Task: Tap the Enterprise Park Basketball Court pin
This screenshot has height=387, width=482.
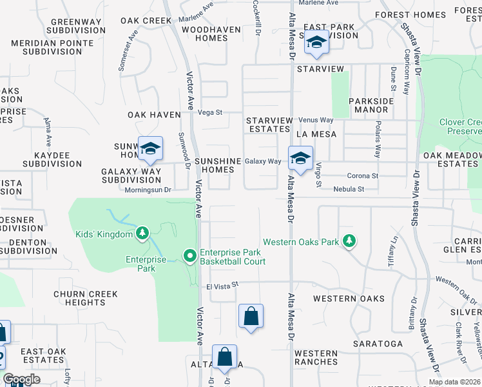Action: tap(190, 257)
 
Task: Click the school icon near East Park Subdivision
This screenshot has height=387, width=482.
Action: tap(316, 43)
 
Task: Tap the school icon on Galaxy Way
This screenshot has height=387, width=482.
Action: tap(300, 157)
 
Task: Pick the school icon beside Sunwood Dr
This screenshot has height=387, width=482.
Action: tap(150, 150)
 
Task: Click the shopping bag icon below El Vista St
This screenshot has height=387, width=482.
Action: tap(251, 317)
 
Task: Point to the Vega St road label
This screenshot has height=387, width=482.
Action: tap(210, 112)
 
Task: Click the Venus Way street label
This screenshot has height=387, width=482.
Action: tap(316, 120)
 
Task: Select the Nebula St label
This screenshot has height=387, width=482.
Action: tap(349, 189)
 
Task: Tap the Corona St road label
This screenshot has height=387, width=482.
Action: tap(361, 175)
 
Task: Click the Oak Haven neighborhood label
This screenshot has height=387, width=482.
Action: tap(154, 115)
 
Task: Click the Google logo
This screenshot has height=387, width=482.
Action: tap(21, 379)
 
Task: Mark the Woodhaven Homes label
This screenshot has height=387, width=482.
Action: tap(213, 34)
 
